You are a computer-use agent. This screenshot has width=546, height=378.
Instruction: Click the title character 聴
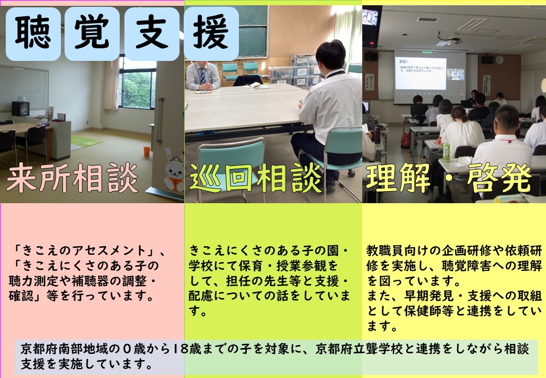click(x=33, y=33)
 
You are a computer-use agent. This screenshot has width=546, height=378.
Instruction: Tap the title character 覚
click(x=92, y=33)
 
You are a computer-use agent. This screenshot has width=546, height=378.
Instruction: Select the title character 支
click(x=152, y=33)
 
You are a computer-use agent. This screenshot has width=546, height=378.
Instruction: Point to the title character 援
click(x=211, y=33)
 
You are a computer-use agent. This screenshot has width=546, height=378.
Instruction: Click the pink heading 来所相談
click(x=72, y=178)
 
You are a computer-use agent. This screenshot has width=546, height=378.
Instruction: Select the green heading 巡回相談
click(x=256, y=178)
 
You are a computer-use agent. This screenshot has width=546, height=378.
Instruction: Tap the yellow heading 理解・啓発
click(x=448, y=178)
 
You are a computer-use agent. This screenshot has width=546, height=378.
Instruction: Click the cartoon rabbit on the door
click(x=174, y=171)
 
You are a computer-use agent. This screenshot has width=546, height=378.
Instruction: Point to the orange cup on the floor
click(x=147, y=151)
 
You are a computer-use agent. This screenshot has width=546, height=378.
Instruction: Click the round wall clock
click(x=499, y=59)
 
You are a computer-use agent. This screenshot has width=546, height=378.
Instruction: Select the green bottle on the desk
click(x=446, y=151)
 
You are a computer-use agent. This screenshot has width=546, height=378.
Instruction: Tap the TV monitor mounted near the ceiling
click(x=370, y=17)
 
